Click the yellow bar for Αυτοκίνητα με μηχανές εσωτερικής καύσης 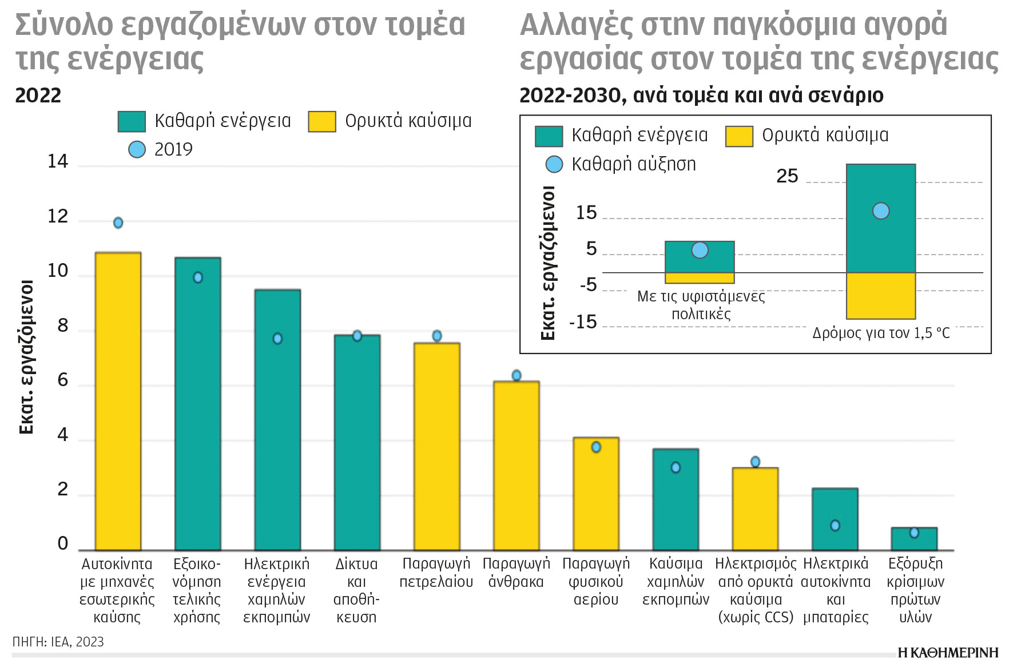(x=118, y=400)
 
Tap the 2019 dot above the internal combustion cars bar (x=118, y=223)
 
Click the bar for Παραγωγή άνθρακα (x=517, y=466)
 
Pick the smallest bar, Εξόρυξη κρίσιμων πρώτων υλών (x=914, y=539)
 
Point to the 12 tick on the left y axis (x=58, y=217)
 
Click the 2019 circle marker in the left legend (x=137, y=149)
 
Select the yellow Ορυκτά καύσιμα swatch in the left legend (x=321, y=121)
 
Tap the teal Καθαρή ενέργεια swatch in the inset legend (x=549, y=136)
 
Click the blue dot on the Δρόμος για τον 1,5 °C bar (x=881, y=211)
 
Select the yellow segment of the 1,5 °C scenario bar (x=881, y=296)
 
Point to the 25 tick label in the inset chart (x=787, y=176)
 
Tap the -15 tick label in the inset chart (x=583, y=322)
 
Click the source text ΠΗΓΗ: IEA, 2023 (x=58, y=642)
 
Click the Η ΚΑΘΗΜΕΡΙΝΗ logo (x=948, y=653)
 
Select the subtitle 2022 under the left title (x=38, y=96)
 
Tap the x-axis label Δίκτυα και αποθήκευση (x=356, y=590)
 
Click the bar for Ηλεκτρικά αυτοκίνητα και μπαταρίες (x=835, y=519)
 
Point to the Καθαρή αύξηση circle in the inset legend (x=554, y=165)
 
